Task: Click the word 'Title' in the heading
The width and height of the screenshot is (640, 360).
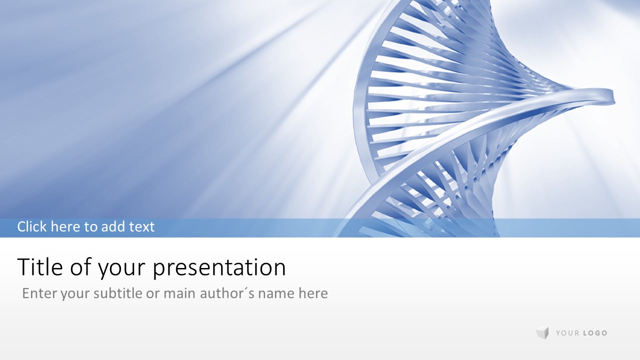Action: point(40,266)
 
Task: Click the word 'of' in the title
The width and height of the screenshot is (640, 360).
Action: point(80,266)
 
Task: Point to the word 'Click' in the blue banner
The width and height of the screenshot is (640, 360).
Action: point(32,226)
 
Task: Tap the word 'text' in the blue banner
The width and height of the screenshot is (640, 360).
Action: point(142,227)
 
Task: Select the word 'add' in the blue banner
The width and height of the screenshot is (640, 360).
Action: point(113,226)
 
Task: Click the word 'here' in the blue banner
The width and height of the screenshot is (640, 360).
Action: point(65,226)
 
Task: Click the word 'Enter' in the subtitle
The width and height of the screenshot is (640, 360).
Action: point(39,293)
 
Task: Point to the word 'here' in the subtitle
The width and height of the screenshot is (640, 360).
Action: point(313,293)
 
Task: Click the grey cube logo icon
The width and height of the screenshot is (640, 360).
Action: point(542,333)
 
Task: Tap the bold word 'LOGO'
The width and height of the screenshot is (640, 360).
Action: point(595,333)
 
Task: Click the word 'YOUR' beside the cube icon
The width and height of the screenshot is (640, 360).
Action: point(567,333)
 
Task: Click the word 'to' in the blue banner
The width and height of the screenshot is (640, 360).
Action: point(91,227)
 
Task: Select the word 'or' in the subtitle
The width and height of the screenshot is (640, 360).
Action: point(152,294)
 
